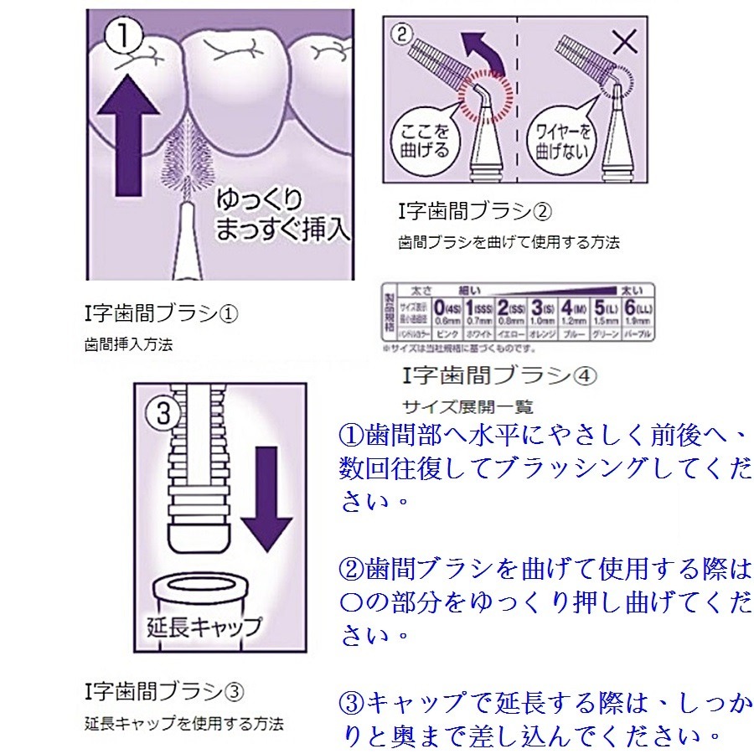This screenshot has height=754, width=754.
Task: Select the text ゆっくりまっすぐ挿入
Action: click(272, 214)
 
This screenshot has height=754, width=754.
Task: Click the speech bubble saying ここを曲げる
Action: click(426, 135)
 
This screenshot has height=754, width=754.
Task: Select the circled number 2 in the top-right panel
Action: click(403, 36)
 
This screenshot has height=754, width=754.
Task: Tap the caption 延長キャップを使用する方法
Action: click(184, 721)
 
